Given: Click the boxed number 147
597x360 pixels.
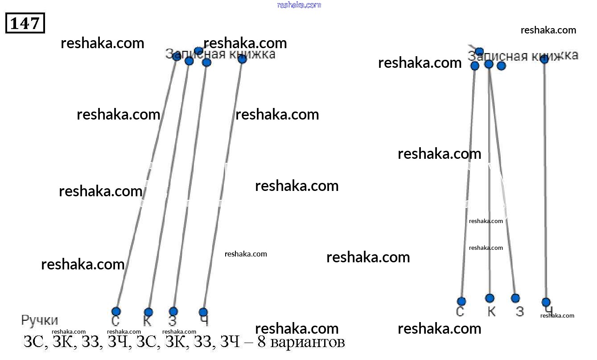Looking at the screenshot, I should click(25, 23).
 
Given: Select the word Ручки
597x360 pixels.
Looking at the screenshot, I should click(40, 320).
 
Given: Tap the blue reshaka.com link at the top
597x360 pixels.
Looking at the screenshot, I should click(299, 5).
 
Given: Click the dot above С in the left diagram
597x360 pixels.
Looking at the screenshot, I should click(116, 311).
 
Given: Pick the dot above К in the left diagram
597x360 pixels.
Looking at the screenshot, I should click(148, 312).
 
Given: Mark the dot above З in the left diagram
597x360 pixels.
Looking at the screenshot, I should click(173, 311).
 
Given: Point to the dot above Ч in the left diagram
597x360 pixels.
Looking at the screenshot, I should click(203, 312).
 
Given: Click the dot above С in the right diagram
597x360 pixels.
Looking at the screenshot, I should click(461, 301).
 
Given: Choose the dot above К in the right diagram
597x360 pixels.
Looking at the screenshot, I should click(490, 298).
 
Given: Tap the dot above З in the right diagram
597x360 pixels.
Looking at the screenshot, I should click(515, 298).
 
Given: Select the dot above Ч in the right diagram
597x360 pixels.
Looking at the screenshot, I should click(546, 302).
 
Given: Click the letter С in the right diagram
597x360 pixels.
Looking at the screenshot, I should click(460, 311).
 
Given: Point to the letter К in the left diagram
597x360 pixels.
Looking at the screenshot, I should click(148, 321).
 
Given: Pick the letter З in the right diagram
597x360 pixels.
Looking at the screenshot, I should click(520, 311).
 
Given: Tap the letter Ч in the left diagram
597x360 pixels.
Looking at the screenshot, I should click(204, 321).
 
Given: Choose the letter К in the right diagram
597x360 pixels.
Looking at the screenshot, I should click(491, 311).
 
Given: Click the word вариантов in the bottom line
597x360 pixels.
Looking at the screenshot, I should click(307, 343).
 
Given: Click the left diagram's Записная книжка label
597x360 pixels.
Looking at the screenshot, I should click(220, 54).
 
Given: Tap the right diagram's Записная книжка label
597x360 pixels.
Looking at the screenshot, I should click(523, 56).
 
